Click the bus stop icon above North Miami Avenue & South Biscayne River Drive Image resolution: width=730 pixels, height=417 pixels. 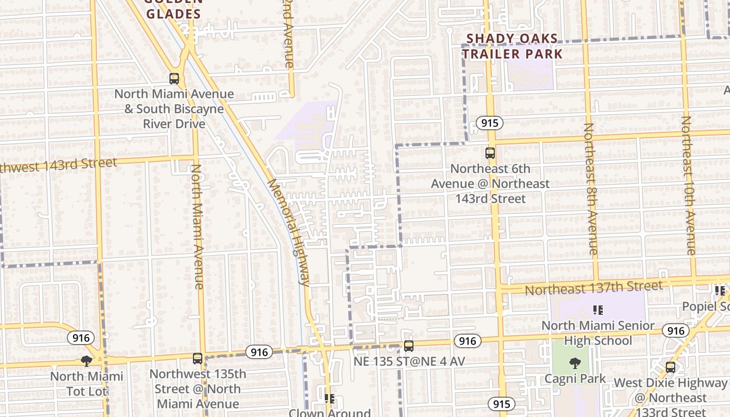pos(174,79)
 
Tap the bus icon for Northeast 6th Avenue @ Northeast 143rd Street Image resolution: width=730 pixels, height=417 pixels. pos(490,153)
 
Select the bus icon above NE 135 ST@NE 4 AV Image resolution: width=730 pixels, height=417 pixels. pos(409,346)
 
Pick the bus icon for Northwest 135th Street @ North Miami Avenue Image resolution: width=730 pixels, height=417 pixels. pos(197,359)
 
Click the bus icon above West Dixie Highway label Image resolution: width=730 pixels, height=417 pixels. pos(671,367)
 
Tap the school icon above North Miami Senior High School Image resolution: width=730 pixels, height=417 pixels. pos(598,310)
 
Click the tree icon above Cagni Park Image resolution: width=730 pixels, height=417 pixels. pos(575,363)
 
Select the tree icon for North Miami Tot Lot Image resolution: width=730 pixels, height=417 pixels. pos(87,361)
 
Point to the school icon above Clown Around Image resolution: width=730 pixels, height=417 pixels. pos(329,399)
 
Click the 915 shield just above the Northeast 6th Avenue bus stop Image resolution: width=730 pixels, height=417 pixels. pos(489,123)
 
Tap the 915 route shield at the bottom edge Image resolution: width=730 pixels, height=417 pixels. pos(502,403)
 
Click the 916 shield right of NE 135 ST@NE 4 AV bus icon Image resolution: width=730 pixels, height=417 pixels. pos(467,341)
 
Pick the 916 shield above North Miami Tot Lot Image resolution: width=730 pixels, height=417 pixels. pos(81,338)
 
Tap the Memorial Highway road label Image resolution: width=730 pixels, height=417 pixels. pos(289,232)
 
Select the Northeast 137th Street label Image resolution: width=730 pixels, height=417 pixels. pos(593,287)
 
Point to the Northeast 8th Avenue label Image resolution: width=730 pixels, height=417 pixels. pos(590,189)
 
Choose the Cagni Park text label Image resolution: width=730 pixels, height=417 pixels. pos(575,378)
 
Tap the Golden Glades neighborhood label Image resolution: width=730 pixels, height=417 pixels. pos(174,10)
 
